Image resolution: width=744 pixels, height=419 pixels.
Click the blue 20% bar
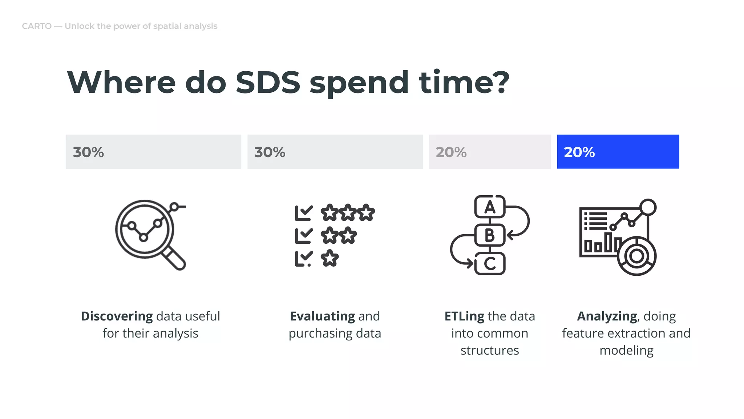[618, 152]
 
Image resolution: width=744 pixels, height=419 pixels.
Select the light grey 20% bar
[489, 152]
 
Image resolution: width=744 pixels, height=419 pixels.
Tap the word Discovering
[117, 316]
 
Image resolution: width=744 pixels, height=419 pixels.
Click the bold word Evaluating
[322, 316]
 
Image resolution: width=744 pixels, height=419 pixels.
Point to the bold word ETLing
[464, 316]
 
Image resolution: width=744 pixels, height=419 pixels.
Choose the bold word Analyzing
[607, 316]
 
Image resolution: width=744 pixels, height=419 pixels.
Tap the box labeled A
[490, 207]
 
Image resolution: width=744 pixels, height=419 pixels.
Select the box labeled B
[490, 235]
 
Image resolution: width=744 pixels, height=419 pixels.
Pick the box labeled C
[490, 264]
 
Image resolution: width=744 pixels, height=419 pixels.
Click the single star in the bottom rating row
[329, 258]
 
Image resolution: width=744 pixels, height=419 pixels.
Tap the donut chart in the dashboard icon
[636, 256]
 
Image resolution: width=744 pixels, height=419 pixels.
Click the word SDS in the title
[268, 83]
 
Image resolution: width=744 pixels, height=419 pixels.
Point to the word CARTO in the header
[37, 26]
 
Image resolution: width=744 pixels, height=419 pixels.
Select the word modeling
[626, 350]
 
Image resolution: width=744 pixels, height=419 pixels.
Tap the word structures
[490, 350]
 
